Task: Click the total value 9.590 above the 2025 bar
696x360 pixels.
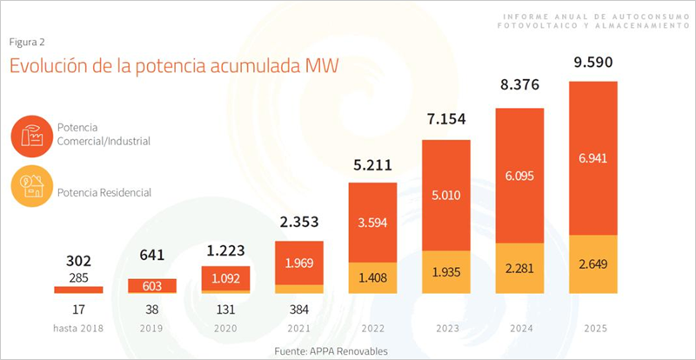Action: [592, 63]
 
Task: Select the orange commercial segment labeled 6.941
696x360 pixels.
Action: [592, 157]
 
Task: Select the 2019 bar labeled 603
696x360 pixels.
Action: [152, 286]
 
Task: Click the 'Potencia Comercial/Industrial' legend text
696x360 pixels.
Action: [103, 135]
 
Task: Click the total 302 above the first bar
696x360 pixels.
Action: [78, 259]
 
